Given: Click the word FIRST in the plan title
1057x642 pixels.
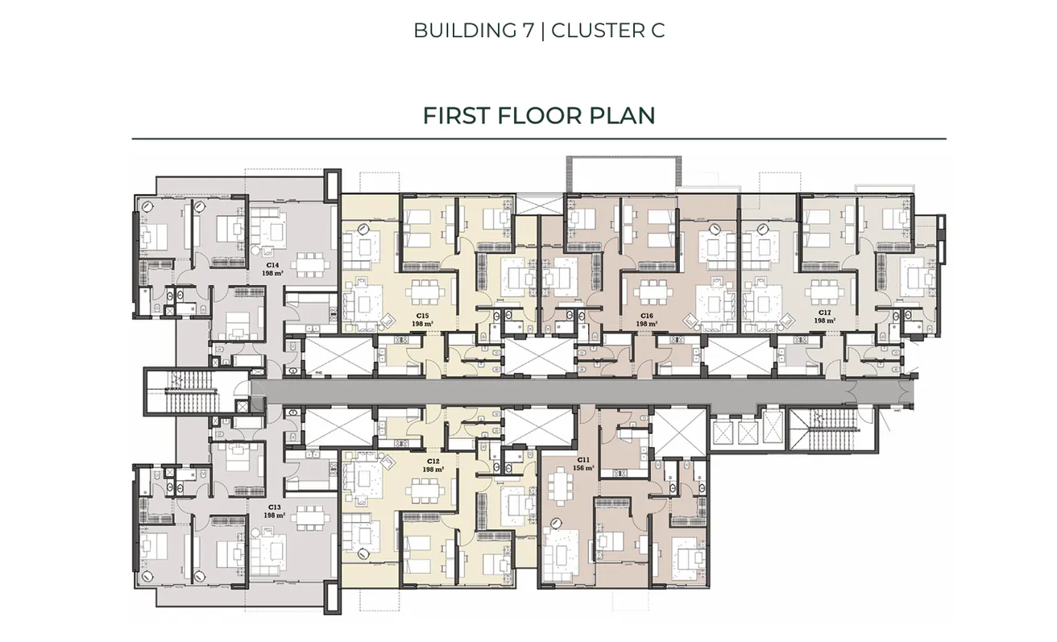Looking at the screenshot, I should pos(456,115).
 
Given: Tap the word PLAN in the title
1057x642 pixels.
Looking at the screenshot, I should pos(622,115).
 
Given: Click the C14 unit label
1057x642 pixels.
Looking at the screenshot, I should pos(272,265).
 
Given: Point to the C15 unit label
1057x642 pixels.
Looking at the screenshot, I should pos(422,316).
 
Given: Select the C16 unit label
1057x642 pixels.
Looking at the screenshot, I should pos(646,316).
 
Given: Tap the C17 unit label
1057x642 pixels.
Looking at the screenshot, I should pos(824,313).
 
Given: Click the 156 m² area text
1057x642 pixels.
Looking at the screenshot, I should pos(583,468).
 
